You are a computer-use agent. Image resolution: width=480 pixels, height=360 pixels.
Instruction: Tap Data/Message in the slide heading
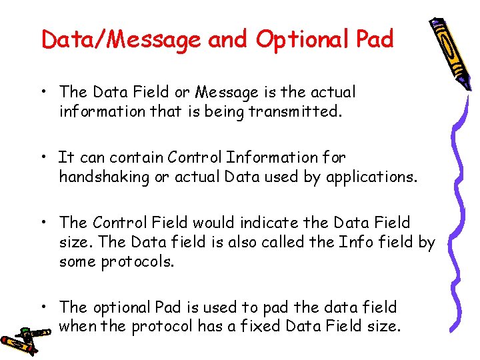tap(121, 40)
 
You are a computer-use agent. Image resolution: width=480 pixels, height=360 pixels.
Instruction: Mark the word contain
tap(137, 157)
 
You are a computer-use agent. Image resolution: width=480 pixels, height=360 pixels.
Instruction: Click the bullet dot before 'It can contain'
tap(43, 157)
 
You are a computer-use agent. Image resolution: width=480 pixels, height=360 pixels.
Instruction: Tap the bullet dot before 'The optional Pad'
tap(43, 307)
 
